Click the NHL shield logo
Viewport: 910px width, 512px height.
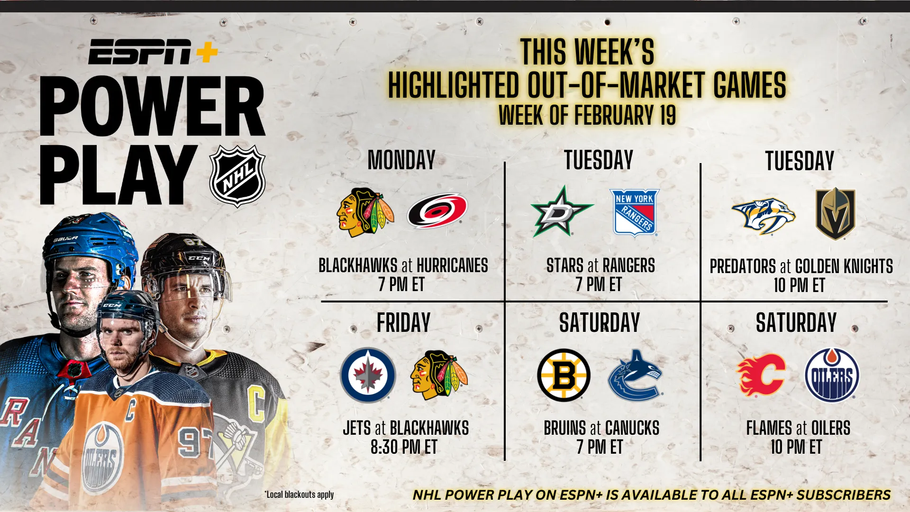point(237,176)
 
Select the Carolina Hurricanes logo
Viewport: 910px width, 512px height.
point(437,210)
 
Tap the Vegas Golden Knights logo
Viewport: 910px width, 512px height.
point(835,213)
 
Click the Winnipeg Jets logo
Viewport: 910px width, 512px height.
point(368,375)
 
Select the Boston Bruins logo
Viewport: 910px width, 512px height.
point(564,375)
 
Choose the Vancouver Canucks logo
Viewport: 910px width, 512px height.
point(635,375)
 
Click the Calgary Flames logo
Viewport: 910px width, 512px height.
point(761,375)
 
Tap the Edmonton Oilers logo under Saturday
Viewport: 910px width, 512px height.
point(832,375)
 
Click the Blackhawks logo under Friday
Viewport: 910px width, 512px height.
point(439,375)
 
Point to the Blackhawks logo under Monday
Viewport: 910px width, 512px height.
point(365,212)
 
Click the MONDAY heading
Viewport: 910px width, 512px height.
point(401,160)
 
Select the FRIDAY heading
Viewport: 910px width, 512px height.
point(403,323)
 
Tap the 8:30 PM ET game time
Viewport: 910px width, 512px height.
point(404,447)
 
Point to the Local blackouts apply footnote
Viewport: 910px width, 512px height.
point(299,494)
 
